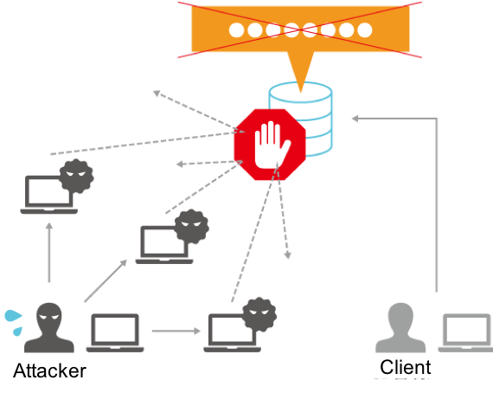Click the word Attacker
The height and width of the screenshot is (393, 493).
(x=49, y=370)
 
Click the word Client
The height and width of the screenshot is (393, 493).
(x=406, y=367)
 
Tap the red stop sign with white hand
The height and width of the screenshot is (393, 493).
(x=270, y=145)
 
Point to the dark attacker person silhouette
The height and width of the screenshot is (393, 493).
(x=49, y=328)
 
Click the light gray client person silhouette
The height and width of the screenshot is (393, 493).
(x=400, y=328)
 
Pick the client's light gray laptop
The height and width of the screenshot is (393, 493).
(x=465, y=333)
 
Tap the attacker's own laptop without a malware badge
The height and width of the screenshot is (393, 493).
(x=115, y=333)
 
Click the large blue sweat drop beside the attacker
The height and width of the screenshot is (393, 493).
(x=13, y=316)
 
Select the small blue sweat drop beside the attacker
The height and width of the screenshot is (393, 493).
(x=17, y=331)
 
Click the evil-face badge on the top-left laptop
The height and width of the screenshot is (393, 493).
(x=76, y=176)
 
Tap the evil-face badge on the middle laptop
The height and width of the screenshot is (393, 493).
(x=192, y=226)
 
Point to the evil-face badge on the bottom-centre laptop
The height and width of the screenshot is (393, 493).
(x=259, y=314)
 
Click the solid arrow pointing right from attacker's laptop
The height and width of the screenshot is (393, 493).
(x=176, y=331)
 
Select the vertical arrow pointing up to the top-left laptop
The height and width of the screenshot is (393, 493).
(x=49, y=253)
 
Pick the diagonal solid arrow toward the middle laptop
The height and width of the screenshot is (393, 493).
(x=106, y=280)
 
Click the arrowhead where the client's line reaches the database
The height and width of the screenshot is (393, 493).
(x=355, y=119)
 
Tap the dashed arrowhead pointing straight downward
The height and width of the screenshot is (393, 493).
(x=287, y=255)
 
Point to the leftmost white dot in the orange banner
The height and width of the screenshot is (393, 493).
(x=237, y=30)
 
